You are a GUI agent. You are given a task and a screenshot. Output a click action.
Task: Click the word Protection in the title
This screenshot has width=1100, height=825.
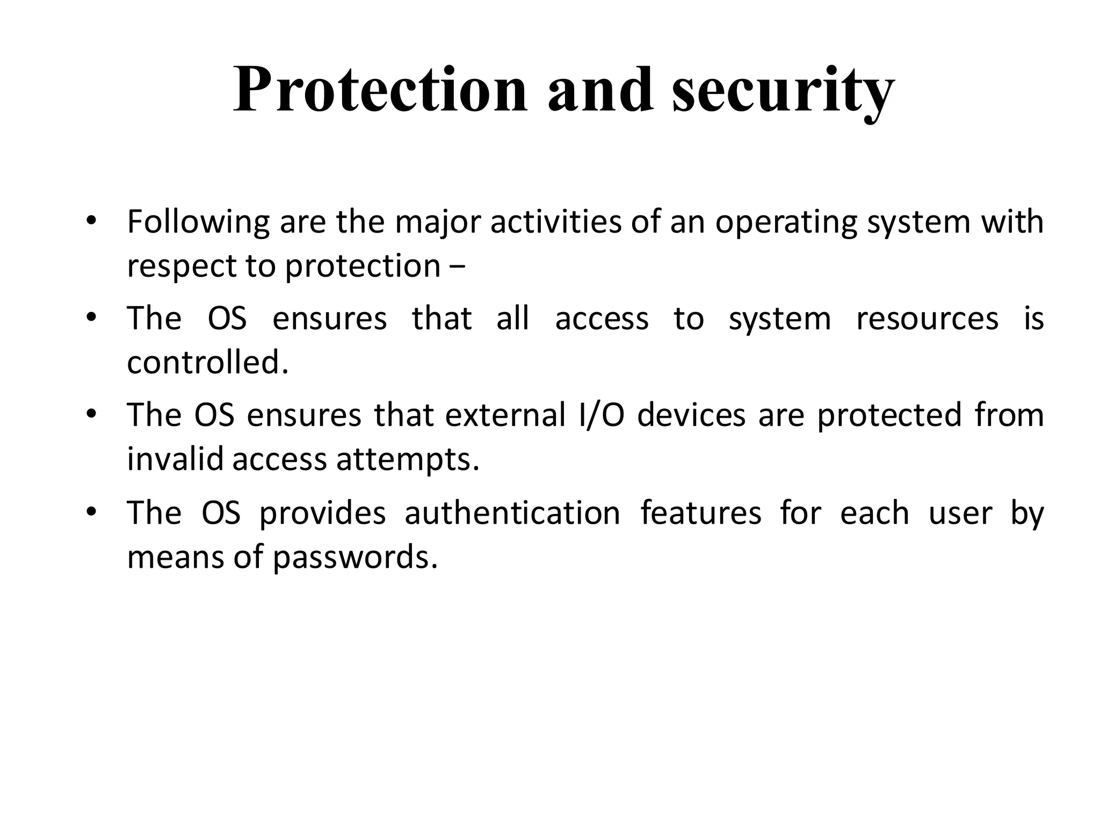(380, 90)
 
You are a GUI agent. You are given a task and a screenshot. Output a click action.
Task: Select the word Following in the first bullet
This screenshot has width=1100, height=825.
(198, 223)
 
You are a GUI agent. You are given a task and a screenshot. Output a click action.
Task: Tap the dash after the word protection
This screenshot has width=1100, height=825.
(457, 266)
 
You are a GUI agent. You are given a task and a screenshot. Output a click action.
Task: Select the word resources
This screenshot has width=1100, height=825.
(927, 319)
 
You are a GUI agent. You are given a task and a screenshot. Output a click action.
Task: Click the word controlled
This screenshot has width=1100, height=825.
(207, 363)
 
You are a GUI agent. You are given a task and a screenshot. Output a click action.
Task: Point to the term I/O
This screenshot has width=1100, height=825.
(602, 415)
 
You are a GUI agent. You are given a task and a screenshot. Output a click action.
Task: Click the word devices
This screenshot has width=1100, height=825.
(691, 415)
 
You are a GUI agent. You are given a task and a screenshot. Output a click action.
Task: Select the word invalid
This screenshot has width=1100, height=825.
(175, 459)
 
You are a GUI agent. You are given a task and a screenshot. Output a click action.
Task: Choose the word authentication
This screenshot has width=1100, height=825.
(512, 513)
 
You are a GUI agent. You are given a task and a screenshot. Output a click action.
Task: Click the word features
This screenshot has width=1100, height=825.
(701, 513)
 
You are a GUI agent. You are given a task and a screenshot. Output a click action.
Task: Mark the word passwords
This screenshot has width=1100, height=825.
(355, 558)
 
